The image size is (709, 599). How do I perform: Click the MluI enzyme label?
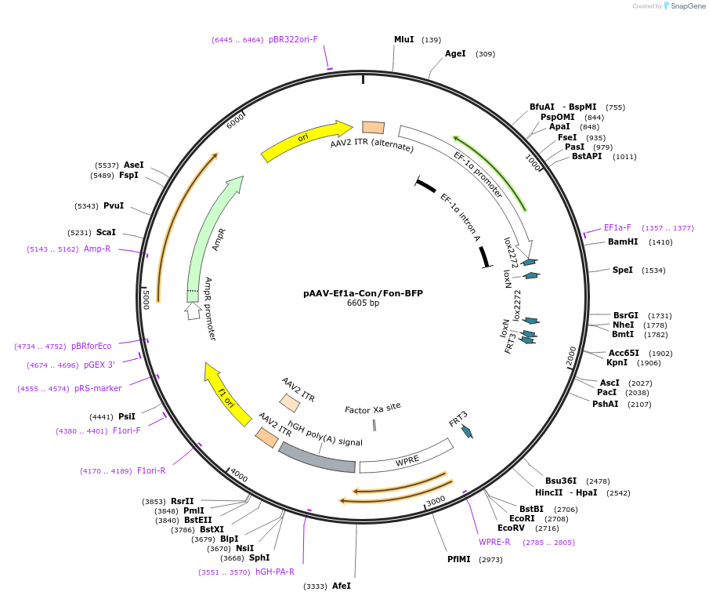click(403, 39)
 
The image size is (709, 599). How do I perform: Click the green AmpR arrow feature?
click(212, 235)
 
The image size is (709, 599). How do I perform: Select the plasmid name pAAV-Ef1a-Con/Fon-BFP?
click(363, 293)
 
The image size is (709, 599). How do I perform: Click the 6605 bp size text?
click(363, 303)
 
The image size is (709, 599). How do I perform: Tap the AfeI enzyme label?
click(342, 586)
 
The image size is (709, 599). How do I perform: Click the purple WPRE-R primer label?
click(494, 542)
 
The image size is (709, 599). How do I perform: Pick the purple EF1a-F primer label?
click(617, 228)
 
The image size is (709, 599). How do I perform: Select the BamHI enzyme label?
click(623, 242)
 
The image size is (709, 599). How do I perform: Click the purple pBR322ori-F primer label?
click(293, 39)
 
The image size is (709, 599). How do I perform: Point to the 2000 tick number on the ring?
click(571, 354)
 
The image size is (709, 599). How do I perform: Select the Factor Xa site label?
click(373, 408)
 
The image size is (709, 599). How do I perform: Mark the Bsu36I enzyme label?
click(561, 481)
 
